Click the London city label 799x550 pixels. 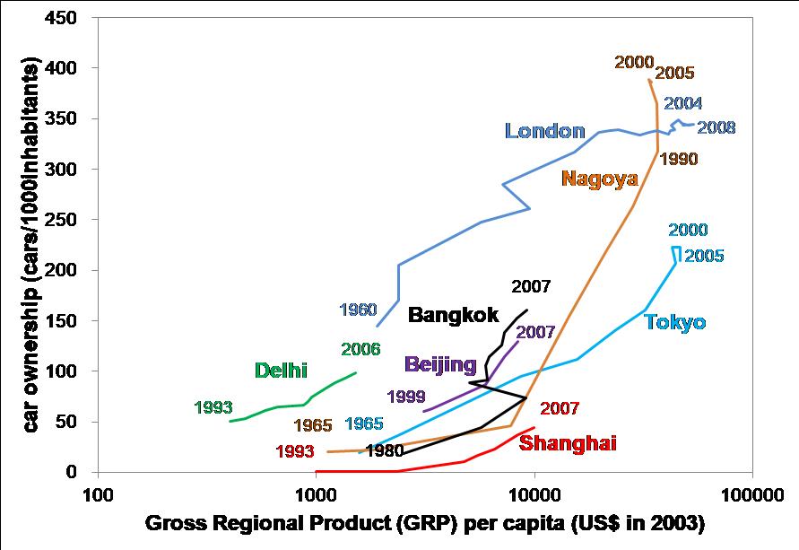[544, 131]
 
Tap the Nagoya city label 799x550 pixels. [599, 178]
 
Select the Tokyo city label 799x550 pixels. [674, 322]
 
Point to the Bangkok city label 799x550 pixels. [453, 314]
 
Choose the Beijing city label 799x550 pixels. [439, 364]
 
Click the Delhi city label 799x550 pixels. [281, 370]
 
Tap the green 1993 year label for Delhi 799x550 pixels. [213, 408]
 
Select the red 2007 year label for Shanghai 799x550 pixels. [560, 408]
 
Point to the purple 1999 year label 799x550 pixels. [405, 396]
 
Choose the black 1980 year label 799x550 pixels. [384, 450]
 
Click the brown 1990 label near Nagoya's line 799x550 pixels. [678, 159]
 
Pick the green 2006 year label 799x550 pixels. [360, 349]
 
